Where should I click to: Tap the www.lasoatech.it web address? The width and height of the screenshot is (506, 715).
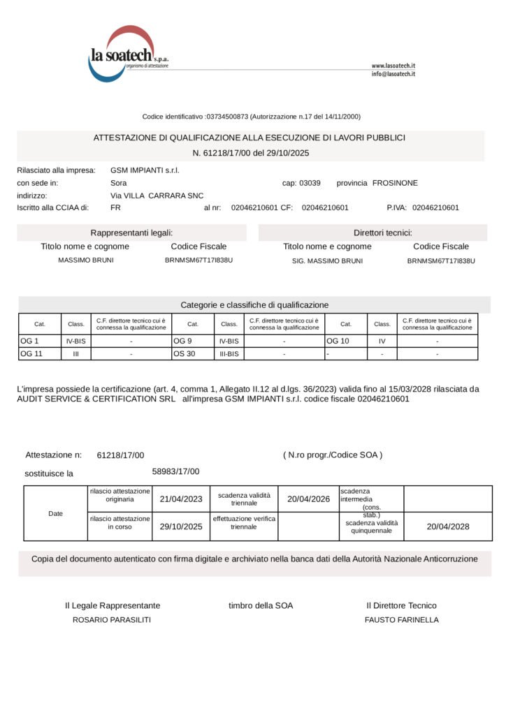pyautogui.click(x=393, y=66)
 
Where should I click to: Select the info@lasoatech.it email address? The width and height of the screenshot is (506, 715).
pyautogui.click(x=393, y=74)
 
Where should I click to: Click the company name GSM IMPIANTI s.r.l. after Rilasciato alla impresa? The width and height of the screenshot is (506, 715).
pyautogui.click(x=145, y=170)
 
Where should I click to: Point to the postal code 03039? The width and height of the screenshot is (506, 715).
pyautogui.click(x=310, y=183)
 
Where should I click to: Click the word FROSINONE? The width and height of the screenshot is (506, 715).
pyautogui.click(x=395, y=183)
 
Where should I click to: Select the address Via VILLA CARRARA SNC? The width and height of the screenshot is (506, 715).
pyautogui.click(x=157, y=196)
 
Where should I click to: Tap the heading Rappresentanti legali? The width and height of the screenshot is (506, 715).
pyautogui.click(x=131, y=233)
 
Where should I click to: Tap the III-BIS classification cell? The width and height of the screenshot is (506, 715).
pyautogui.click(x=229, y=354)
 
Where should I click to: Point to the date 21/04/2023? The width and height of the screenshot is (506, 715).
pyautogui.click(x=181, y=499)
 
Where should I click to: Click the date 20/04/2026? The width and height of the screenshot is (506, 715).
pyautogui.click(x=308, y=499)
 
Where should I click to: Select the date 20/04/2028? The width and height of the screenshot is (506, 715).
pyautogui.click(x=448, y=526)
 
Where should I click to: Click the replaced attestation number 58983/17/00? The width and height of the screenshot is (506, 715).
pyautogui.click(x=175, y=471)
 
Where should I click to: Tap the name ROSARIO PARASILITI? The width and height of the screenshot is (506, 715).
pyautogui.click(x=112, y=619)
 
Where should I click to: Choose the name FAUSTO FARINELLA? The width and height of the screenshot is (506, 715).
pyautogui.click(x=402, y=619)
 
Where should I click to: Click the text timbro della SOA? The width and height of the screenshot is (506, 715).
pyautogui.click(x=261, y=605)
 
